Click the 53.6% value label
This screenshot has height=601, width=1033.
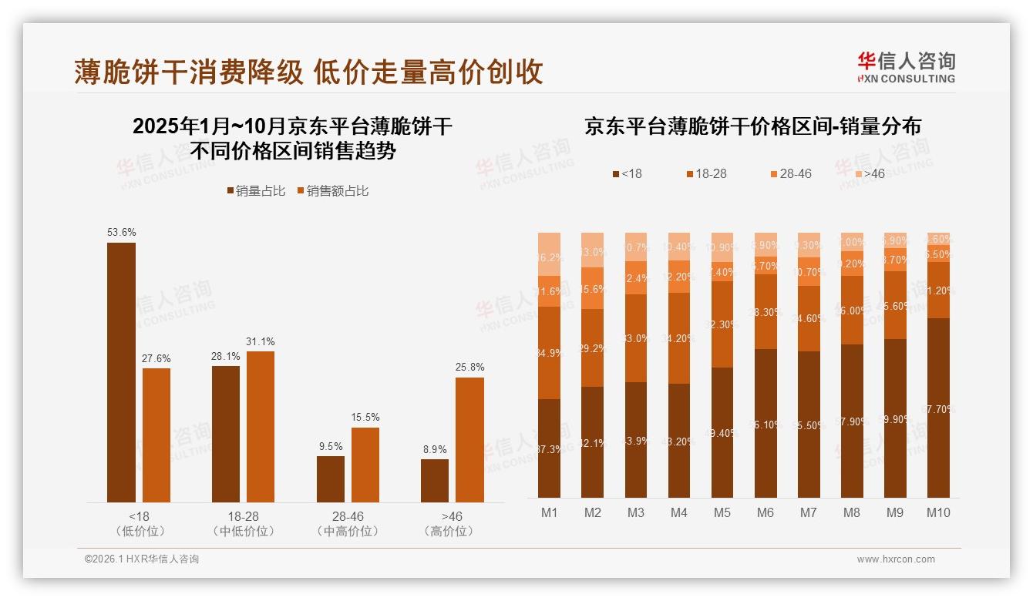click(121, 232)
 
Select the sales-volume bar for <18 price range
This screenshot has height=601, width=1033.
click(121, 372)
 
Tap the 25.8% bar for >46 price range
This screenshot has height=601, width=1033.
click(469, 439)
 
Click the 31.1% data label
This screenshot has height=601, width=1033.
click(260, 341)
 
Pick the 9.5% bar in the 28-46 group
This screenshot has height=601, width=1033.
click(331, 478)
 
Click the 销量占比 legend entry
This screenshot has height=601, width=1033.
click(256, 191)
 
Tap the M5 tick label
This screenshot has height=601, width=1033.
click(722, 513)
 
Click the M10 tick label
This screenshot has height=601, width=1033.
click(937, 513)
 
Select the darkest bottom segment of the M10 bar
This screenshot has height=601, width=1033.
click(938, 408)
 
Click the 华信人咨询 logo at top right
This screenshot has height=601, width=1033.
click(906, 67)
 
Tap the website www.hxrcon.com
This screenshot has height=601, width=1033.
click(896, 559)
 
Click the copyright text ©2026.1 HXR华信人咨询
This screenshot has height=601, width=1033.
click(142, 559)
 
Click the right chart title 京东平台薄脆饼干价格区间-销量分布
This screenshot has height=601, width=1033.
click(752, 126)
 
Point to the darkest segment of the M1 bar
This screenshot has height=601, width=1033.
click(549, 448)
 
